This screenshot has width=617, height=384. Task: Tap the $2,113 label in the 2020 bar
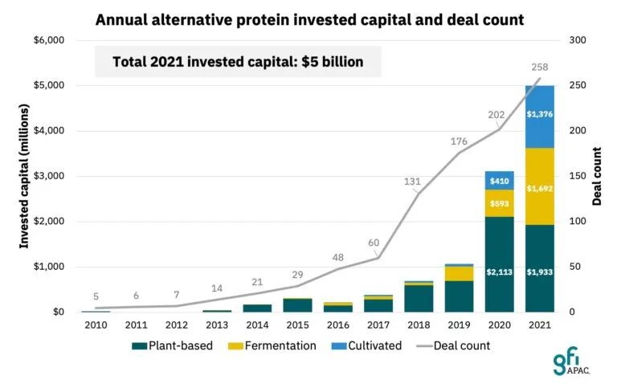(499, 272)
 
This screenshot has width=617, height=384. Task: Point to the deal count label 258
(540, 66)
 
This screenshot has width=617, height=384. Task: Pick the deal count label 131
(411, 182)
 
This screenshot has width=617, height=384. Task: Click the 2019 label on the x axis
(459, 325)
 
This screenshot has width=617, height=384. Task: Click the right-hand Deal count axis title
(597, 176)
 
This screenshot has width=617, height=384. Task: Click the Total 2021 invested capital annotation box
(238, 62)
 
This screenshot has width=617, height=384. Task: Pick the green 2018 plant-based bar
(419, 298)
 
